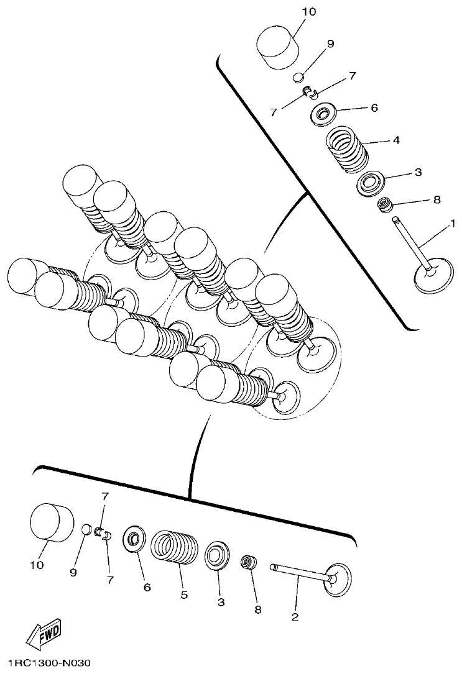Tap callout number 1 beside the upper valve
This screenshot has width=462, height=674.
point(453,222)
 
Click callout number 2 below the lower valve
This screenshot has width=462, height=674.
point(295,616)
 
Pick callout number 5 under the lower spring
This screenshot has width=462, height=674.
point(184,595)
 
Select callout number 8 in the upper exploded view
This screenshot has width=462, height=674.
point(436,199)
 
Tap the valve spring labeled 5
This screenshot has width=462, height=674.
point(175,547)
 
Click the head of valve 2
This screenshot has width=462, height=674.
point(339,578)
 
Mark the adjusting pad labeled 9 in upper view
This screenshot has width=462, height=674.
point(299,78)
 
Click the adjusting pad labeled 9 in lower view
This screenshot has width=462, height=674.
point(87,530)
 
